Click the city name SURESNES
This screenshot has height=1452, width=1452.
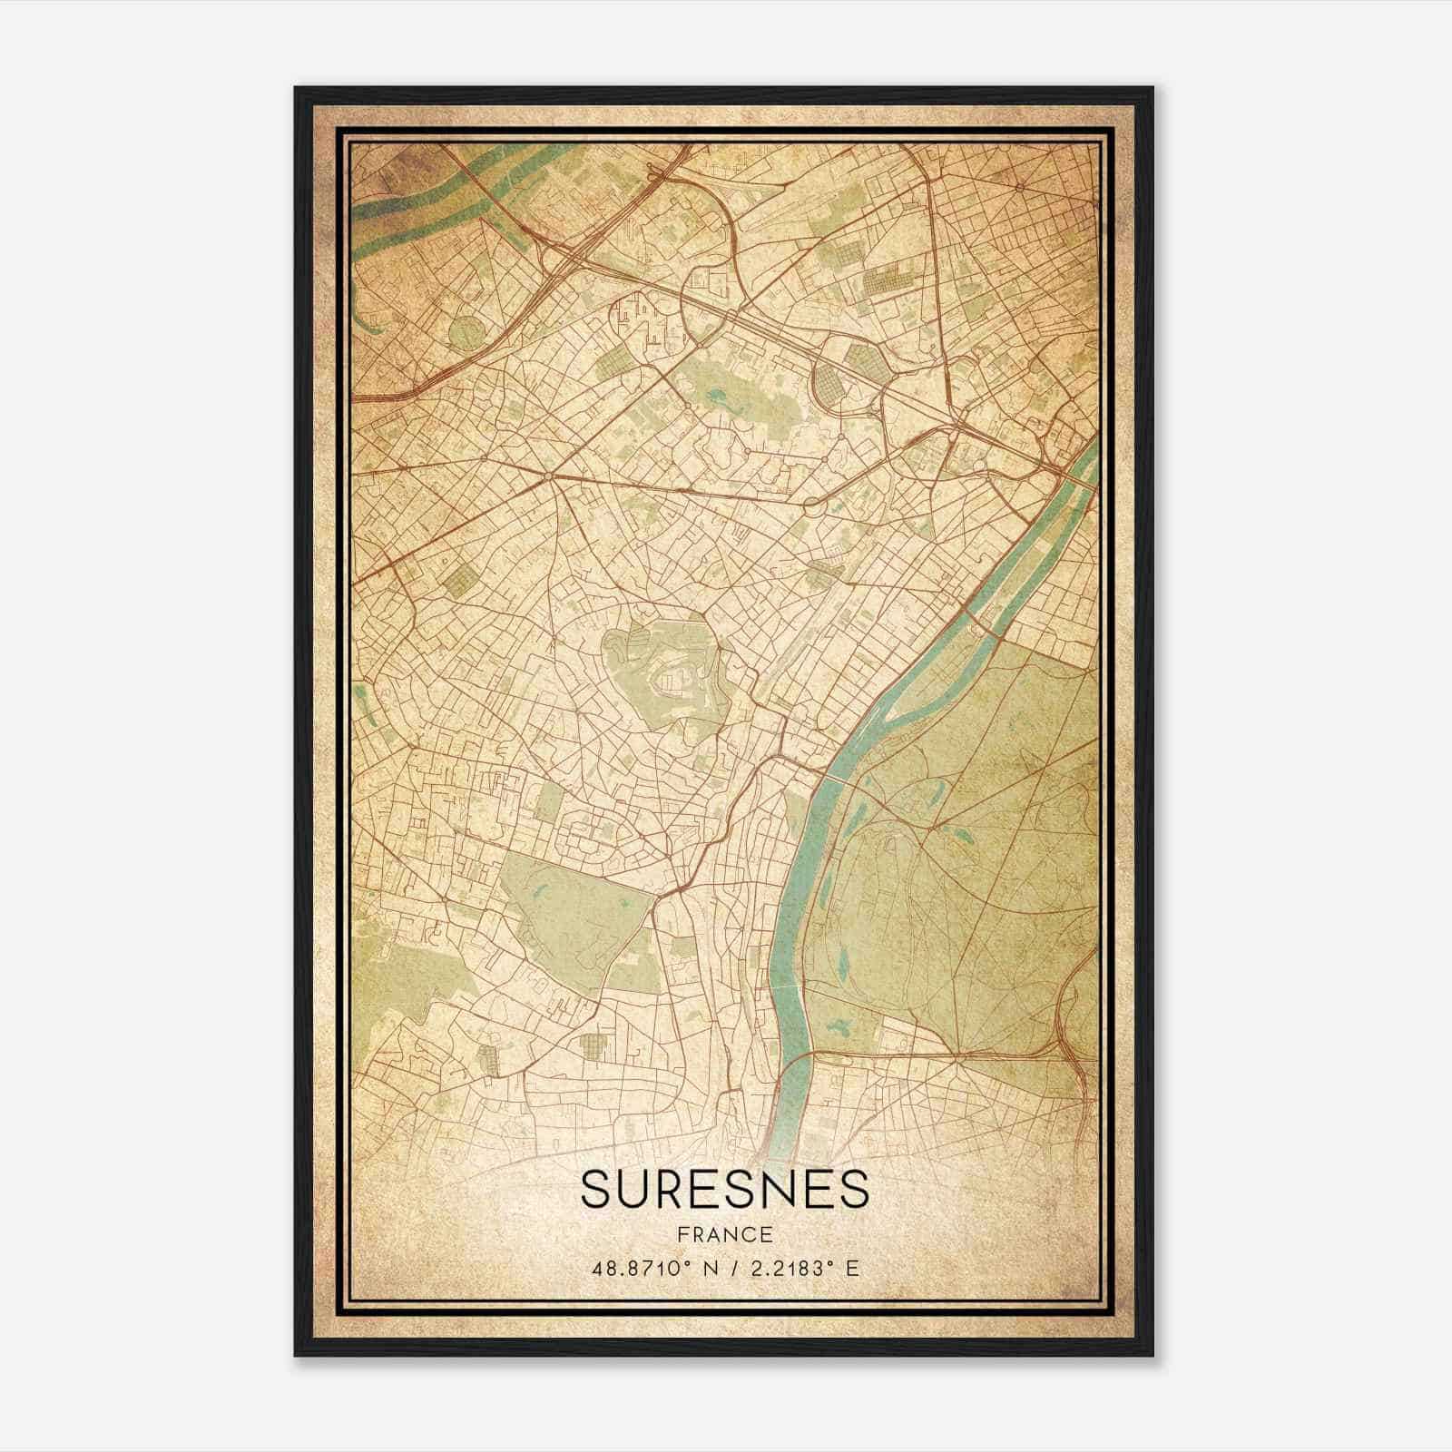click(x=724, y=1188)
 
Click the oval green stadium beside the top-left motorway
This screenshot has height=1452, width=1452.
click(x=468, y=332)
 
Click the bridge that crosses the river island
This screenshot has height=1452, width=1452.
click(x=978, y=626)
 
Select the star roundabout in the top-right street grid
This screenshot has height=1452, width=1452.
click(x=1020, y=188)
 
